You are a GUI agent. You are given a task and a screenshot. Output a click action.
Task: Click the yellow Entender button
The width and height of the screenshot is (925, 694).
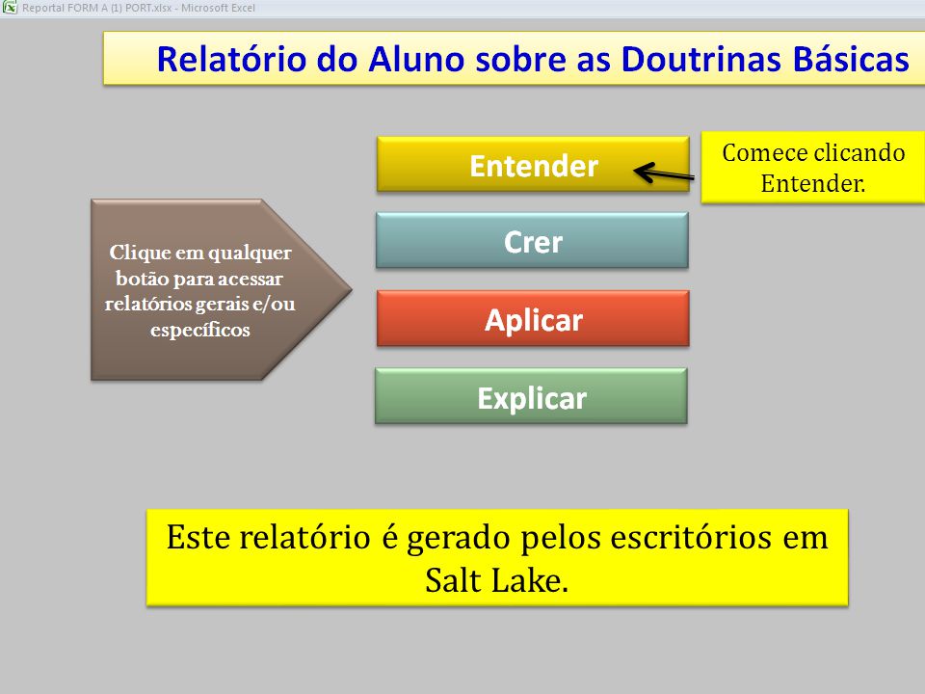tap(533, 164)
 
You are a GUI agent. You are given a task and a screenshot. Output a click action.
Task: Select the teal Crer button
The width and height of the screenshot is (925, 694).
tap(532, 241)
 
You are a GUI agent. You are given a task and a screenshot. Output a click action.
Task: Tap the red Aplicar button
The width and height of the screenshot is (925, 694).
tap(533, 318)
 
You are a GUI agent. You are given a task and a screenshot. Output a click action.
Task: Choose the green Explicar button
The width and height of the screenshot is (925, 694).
tap(531, 396)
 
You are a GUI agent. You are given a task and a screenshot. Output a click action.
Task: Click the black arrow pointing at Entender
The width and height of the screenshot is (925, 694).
tap(664, 173)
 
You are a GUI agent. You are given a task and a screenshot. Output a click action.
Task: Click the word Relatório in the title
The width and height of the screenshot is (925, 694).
tap(231, 59)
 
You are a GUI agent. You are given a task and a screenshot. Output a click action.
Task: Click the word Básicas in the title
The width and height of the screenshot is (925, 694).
tap(851, 59)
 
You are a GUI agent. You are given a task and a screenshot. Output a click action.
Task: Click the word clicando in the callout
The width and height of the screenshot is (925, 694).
tap(860, 153)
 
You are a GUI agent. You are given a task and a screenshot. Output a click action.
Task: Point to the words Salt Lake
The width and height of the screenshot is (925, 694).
tap(497, 580)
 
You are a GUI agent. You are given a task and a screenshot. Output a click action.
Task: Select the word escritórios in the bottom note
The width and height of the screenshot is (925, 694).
tap(690, 537)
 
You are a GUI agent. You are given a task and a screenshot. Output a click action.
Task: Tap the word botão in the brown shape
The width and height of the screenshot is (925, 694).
tap(141, 278)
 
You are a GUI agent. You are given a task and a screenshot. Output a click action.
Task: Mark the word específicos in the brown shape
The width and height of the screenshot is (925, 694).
tap(200, 330)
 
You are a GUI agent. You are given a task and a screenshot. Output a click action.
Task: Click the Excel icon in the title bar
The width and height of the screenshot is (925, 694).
tap(10, 8)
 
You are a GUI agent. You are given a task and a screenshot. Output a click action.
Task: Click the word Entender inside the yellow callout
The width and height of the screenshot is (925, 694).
tap(813, 183)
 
